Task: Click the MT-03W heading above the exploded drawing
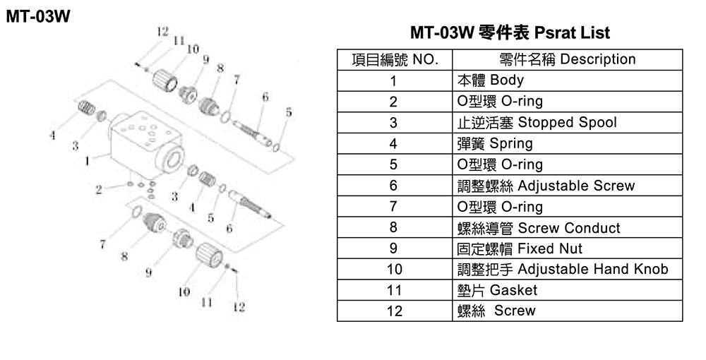pyautogui.click(x=38, y=17)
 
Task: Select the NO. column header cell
pyautogui.click(x=395, y=60)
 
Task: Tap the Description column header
pyautogui.click(x=568, y=60)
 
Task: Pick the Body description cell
pyautogui.click(x=568, y=80)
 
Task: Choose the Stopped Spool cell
pyautogui.click(x=568, y=122)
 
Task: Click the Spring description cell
pyautogui.click(x=568, y=143)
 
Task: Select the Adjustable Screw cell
pyautogui.click(x=568, y=186)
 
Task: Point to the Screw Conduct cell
pyautogui.click(x=568, y=228)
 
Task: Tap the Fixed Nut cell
pyautogui.click(x=568, y=248)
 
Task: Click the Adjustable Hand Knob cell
pyautogui.click(x=568, y=269)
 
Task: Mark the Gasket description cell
pyautogui.click(x=568, y=290)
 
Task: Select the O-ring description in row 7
pyautogui.click(x=568, y=207)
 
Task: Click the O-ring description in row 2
pyautogui.click(x=568, y=102)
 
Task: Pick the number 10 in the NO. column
pyautogui.click(x=395, y=270)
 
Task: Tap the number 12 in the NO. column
pyautogui.click(x=395, y=311)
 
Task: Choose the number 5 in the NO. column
pyautogui.click(x=393, y=164)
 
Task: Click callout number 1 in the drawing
pyautogui.click(x=87, y=160)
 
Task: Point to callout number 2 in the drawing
pyautogui.click(x=99, y=189)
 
